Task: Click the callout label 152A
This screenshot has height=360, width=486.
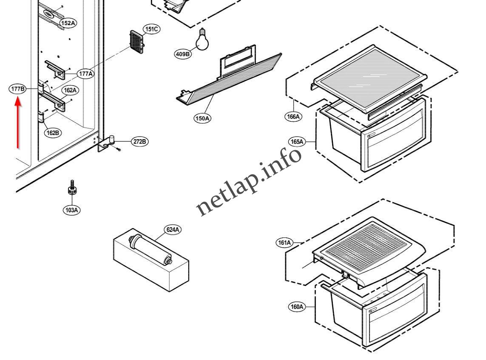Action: (68, 23)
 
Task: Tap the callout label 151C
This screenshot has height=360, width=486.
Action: (151, 29)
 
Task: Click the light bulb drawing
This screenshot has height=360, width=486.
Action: (203, 40)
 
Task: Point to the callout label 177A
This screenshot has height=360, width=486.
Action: (85, 74)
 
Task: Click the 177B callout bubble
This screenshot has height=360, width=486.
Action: (17, 89)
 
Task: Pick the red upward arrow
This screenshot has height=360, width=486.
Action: (17, 123)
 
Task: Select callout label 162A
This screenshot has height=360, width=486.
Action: (70, 90)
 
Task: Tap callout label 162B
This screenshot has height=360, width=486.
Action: (53, 133)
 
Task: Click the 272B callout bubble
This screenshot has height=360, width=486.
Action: (139, 142)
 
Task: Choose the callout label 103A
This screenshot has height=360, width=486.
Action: (71, 210)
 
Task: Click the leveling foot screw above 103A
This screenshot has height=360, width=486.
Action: (71, 189)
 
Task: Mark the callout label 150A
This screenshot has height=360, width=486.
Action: (202, 119)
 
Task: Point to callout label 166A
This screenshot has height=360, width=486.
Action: (293, 116)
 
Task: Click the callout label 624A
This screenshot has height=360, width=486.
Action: (173, 230)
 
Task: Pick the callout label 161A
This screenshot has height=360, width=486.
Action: (284, 243)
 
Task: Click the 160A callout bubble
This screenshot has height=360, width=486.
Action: (296, 306)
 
